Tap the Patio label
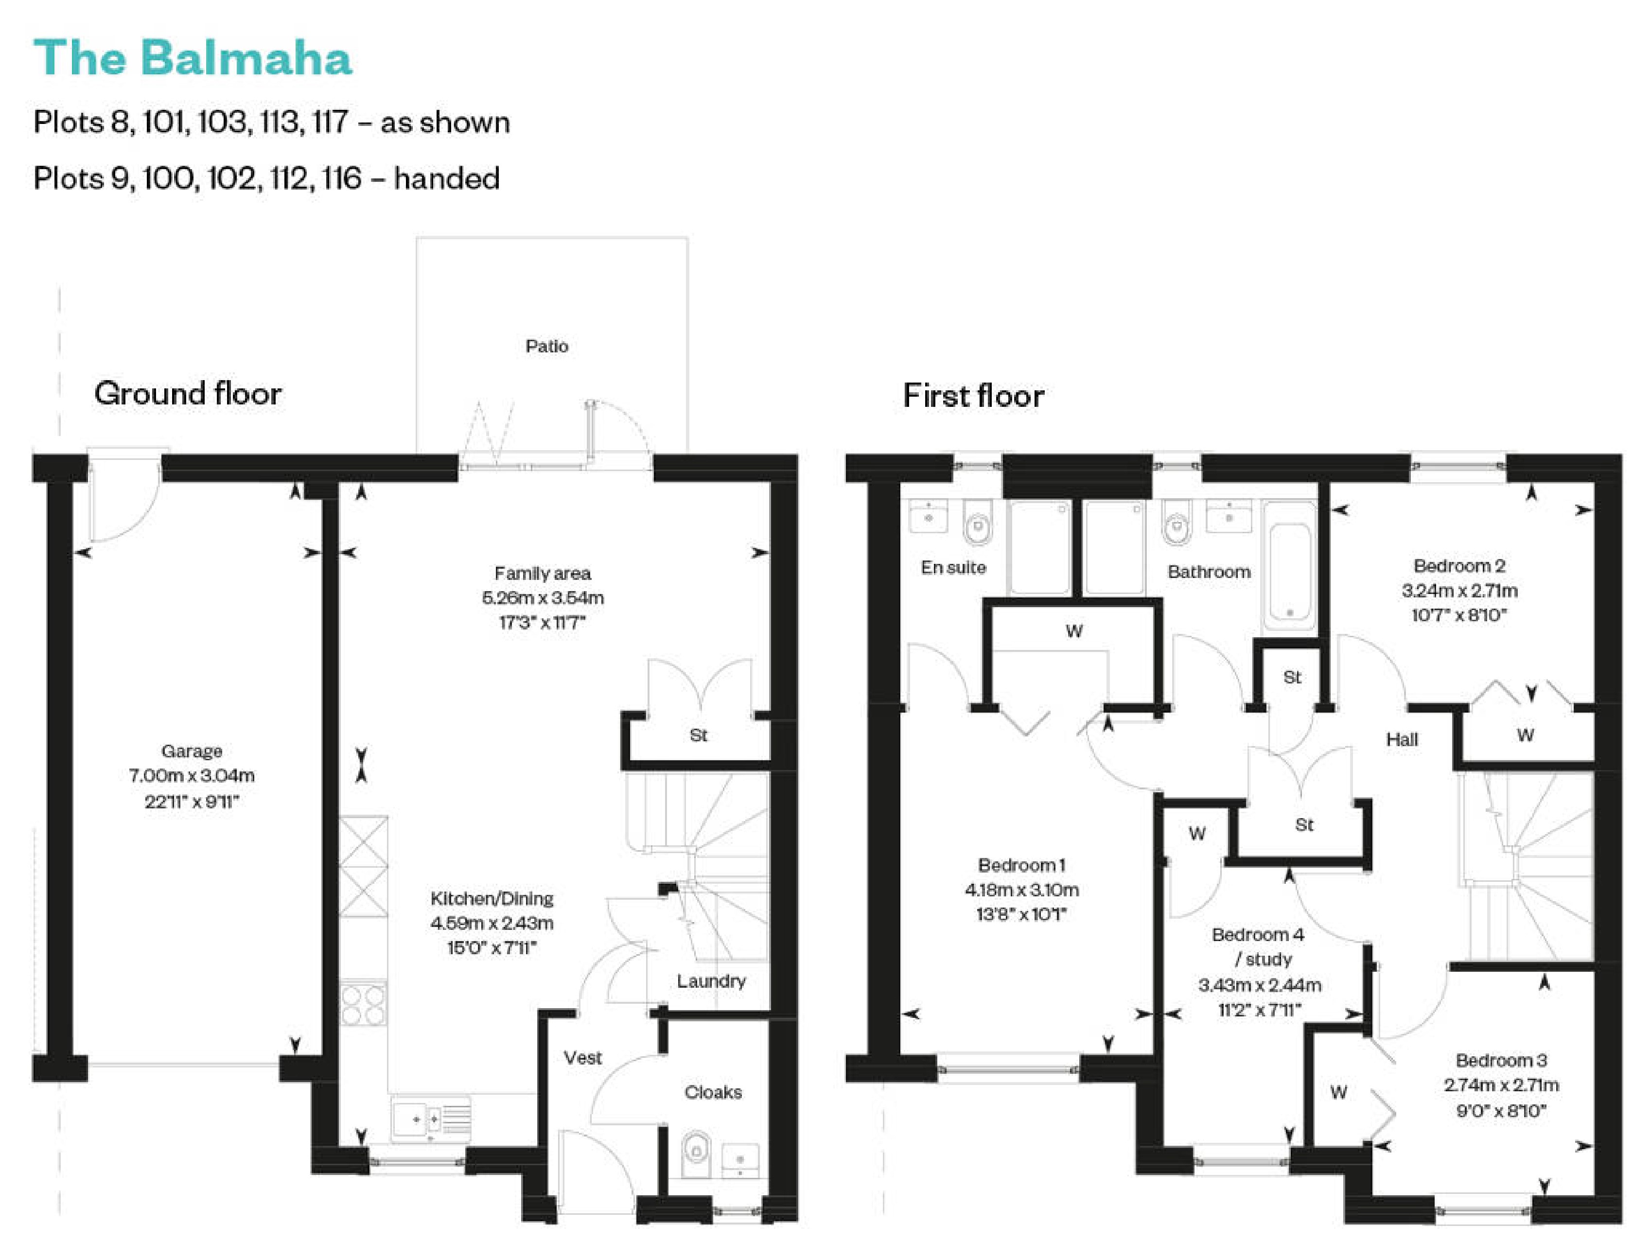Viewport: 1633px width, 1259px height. [x=546, y=346]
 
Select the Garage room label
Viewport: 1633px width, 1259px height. [x=192, y=751]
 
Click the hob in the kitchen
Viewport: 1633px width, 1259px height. [x=363, y=1003]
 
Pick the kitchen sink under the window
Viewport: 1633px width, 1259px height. [x=430, y=1119]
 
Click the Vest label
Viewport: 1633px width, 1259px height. [x=582, y=1058]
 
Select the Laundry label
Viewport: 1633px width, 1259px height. [x=711, y=981]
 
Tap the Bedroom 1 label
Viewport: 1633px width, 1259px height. [x=1021, y=865]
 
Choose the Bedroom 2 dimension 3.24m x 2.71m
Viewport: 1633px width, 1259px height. [x=1459, y=591]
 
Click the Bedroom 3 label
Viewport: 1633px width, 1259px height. [x=1501, y=1060]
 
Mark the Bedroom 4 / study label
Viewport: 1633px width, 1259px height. [x=1258, y=946]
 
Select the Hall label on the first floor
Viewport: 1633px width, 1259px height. [x=1402, y=739]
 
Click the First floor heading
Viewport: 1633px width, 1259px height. [x=973, y=396]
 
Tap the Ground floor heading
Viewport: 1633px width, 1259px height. [x=188, y=393]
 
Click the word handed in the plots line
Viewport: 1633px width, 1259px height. [x=446, y=179]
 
